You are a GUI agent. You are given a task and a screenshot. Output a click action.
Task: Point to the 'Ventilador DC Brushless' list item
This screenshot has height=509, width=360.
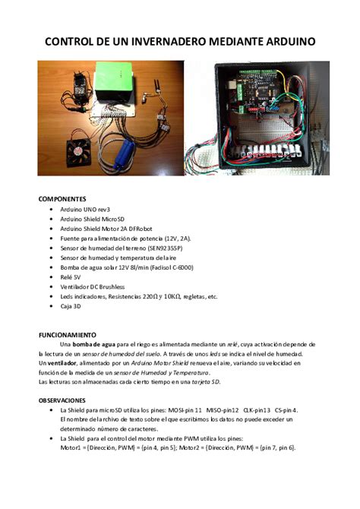pos(92,287)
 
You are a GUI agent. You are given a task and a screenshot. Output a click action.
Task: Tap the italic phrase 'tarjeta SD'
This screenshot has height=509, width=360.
pos(204,382)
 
